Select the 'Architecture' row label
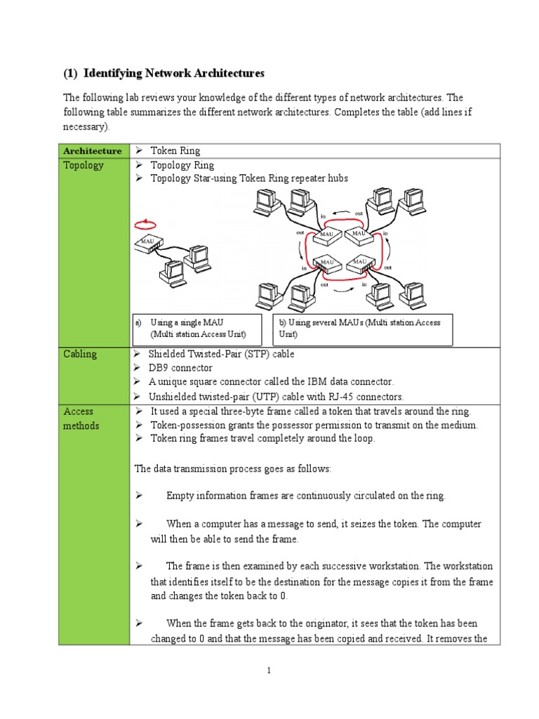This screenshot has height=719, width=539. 92,151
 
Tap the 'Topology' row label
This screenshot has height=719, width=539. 84,166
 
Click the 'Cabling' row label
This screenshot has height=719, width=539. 80,354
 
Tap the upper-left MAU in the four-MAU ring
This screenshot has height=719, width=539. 326,234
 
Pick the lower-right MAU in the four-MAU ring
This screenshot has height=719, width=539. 360,263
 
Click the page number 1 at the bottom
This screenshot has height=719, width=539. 269,672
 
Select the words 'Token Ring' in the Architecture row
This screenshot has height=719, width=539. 175,151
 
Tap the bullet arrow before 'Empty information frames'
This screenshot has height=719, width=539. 139,496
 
